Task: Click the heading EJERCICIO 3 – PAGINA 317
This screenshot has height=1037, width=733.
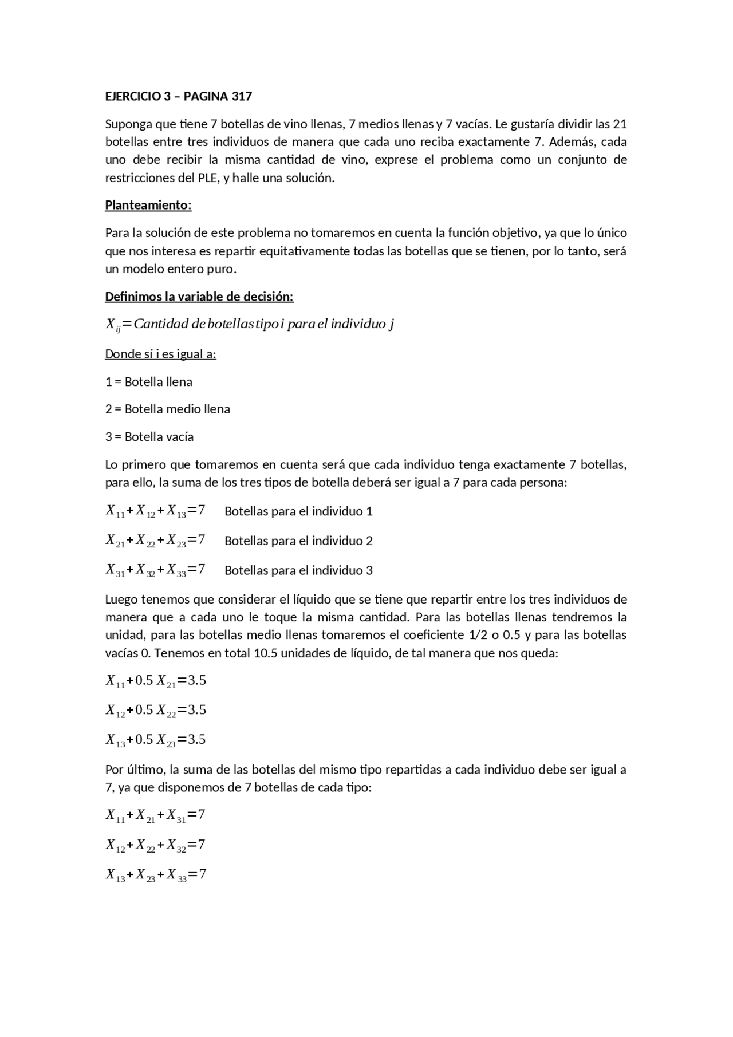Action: (x=178, y=96)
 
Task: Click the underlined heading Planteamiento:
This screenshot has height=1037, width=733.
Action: (x=148, y=205)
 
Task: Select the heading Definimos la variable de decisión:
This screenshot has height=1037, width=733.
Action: (x=199, y=297)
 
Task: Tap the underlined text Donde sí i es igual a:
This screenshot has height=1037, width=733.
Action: (x=160, y=354)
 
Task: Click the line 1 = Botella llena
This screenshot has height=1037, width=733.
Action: (x=148, y=381)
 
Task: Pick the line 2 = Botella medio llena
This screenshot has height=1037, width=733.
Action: (x=167, y=409)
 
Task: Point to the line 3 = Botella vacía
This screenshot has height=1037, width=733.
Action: (x=149, y=436)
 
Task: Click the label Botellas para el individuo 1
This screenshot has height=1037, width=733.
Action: (x=298, y=511)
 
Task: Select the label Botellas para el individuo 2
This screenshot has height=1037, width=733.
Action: (x=298, y=541)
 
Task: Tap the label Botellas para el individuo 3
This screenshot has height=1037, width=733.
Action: (x=298, y=570)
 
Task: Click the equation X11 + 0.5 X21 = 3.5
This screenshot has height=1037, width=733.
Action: (x=155, y=681)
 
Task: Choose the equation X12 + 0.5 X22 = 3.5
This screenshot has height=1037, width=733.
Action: (x=155, y=710)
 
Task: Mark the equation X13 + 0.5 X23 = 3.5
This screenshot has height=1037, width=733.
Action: (x=155, y=740)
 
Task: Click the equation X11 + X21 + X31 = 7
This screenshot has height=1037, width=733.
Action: (x=155, y=815)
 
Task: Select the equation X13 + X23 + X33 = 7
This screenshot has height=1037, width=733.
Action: (x=155, y=874)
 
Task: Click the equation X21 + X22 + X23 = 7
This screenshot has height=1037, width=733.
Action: (x=155, y=541)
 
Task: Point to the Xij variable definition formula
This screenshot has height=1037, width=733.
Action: (x=250, y=325)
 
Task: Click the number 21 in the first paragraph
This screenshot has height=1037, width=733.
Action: (x=620, y=124)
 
